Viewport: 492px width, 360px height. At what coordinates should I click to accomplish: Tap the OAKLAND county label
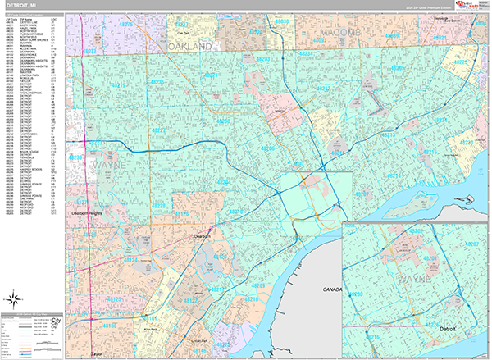click(194, 48)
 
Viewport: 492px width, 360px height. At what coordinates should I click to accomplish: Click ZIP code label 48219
click(119, 84)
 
